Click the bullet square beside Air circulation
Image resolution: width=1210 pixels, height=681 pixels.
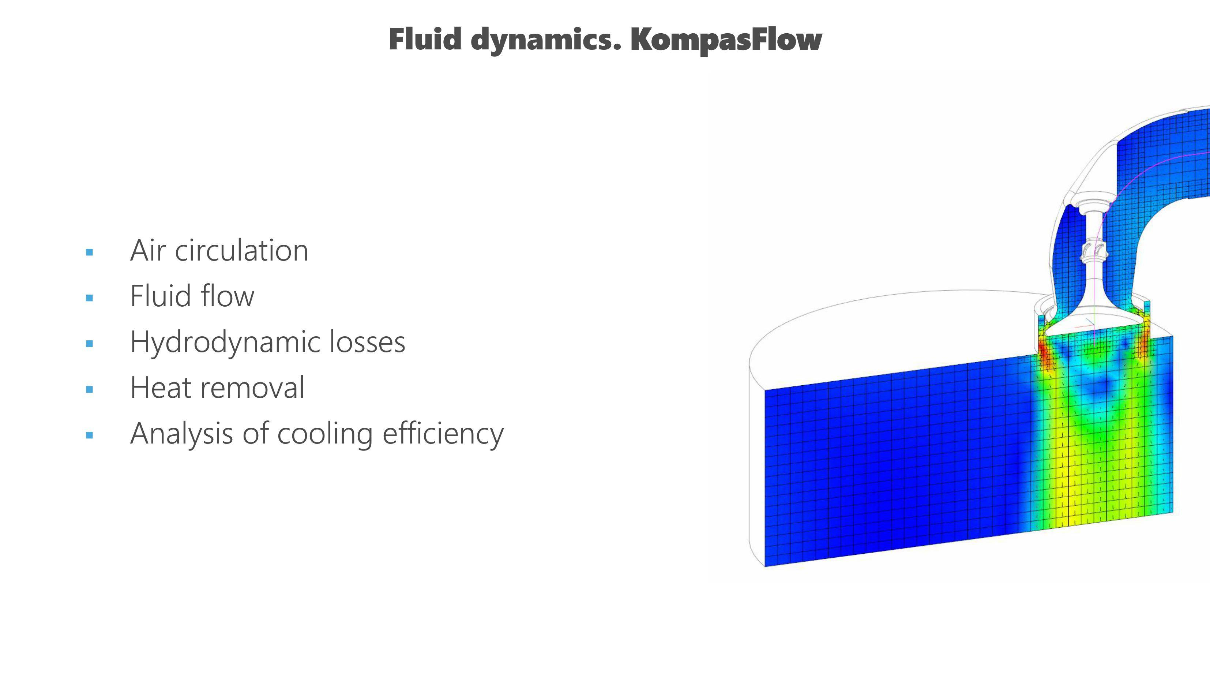click(x=90, y=252)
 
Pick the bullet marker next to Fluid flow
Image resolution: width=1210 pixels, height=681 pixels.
click(x=90, y=298)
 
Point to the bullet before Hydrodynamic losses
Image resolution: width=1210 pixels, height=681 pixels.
click(x=90, y=344)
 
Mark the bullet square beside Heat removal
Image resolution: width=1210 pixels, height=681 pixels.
click(x=90, y=389)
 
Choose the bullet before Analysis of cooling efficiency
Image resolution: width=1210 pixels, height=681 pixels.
click(x=90, y=435)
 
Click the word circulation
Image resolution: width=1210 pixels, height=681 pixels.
click(x=241, y=251)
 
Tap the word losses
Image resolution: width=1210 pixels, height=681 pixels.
click(x=367, y=342)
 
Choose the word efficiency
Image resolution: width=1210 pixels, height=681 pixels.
click(x=443, y=434)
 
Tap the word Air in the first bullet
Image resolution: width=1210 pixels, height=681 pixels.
click(x=147, y=251)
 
